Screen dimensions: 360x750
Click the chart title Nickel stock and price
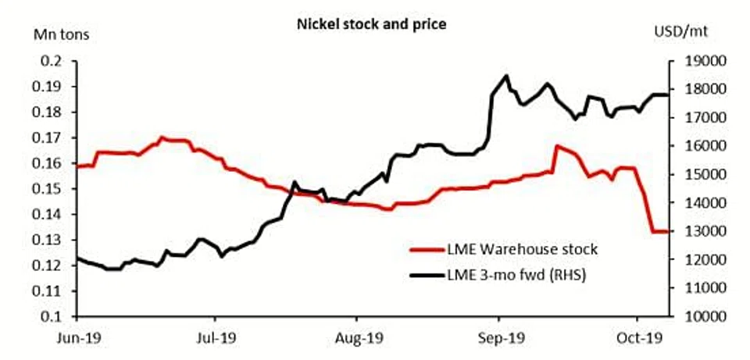click(370, 24)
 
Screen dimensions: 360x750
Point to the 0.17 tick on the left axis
click(50, 137)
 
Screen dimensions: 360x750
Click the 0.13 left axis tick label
click(50, 240)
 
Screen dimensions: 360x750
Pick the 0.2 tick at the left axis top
click(54, 61)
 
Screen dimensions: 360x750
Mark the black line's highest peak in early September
click(506, 76)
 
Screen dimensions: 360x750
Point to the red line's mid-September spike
click(556, 146)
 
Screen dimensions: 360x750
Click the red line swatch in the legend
click(427, 251)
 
